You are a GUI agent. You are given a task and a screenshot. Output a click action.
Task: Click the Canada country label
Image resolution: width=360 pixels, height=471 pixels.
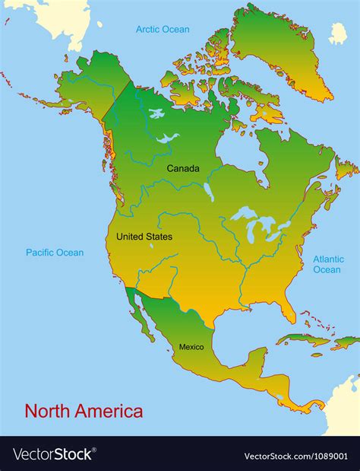click(x=183, y=168)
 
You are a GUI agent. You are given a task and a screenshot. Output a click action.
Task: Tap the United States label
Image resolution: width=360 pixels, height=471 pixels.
click(x=144, y=237)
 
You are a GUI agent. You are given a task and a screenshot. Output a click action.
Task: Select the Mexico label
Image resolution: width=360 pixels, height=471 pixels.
click(x=191, y=347)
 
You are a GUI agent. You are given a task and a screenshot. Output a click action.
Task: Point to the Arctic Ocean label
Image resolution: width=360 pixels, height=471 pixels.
click(x=163, y=30)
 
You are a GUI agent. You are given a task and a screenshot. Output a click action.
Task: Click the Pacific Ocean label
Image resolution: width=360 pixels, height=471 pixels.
click(x=55, y=253)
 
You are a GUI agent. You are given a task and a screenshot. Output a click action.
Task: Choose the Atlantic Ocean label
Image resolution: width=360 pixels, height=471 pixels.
click(x=328, y=264)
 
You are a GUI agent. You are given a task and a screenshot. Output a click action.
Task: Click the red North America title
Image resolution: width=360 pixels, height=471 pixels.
click(x=84, y=412)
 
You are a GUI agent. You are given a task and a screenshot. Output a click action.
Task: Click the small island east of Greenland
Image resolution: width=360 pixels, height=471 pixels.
click(x=338, y=33)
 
